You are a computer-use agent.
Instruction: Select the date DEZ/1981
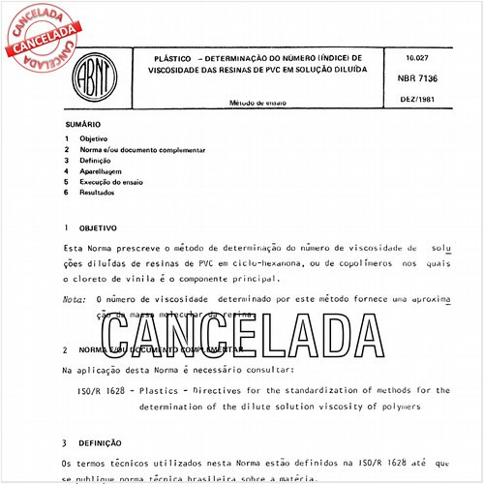coord(417,102)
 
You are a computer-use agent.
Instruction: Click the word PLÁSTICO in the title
coord(164,58)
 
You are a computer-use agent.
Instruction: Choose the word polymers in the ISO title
coord(398,407)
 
